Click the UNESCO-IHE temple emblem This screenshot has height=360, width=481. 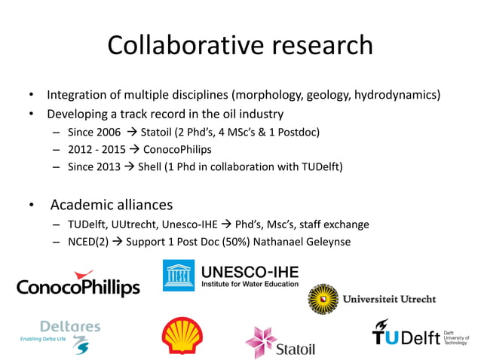pos(179,275)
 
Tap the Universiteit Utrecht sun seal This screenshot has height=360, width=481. pos(323,299)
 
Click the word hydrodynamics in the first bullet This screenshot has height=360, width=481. pos(399,96)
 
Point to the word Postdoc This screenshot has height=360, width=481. pos(299,133)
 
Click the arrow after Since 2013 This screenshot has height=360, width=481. pos(127,166)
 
